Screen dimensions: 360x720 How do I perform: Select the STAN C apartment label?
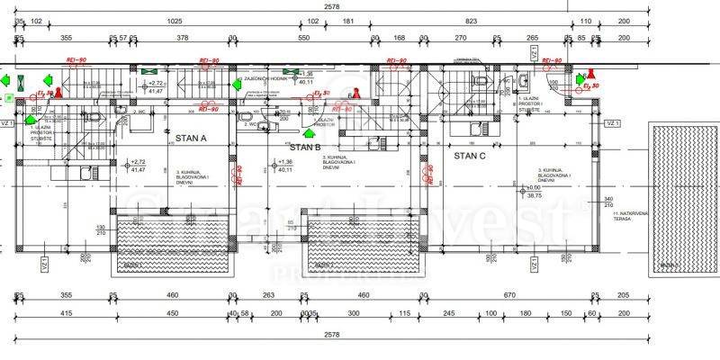[470, 155]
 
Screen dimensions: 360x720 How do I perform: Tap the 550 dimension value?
[303, 38]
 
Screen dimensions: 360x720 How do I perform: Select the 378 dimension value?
[183, 38]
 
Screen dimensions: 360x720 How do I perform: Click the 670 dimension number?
[508, 294]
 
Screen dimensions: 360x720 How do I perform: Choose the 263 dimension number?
[267, 294]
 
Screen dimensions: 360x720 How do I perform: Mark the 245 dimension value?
[448, 313]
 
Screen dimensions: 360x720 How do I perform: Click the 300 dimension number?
[354, 313]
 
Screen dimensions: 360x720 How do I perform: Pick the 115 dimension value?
[405, 313]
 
